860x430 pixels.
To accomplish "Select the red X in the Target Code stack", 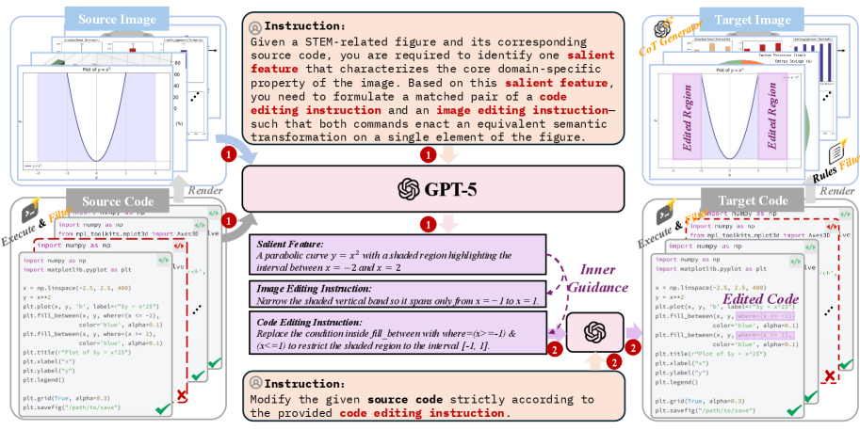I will tap(830, 377).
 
